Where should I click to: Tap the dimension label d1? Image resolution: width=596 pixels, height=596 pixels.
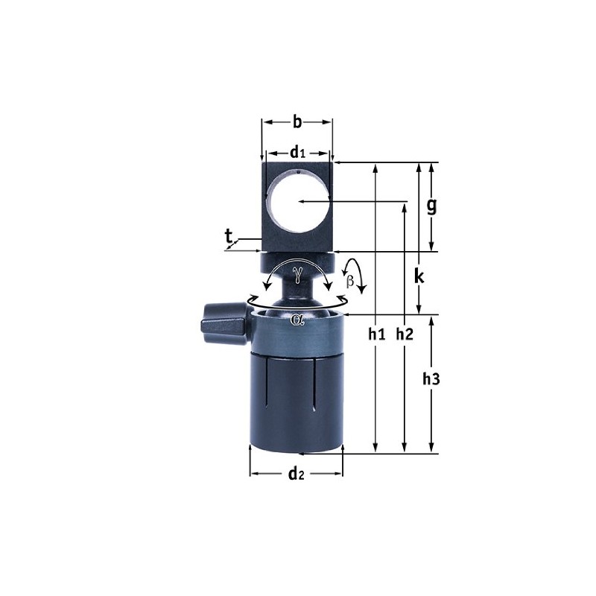298,153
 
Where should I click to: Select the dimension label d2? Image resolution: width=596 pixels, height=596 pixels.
296,473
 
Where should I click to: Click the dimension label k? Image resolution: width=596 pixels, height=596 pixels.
419,277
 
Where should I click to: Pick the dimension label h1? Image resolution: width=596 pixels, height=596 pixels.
376,335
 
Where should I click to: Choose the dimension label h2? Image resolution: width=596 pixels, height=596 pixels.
404,335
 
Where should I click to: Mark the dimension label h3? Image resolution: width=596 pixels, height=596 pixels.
431,379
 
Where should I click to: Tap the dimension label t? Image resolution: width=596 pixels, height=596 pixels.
229,237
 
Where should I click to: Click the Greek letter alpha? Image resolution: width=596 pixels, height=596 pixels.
298,320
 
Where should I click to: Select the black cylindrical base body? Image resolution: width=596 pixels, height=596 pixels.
297,402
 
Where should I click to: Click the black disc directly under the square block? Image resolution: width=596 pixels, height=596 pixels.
297,262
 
